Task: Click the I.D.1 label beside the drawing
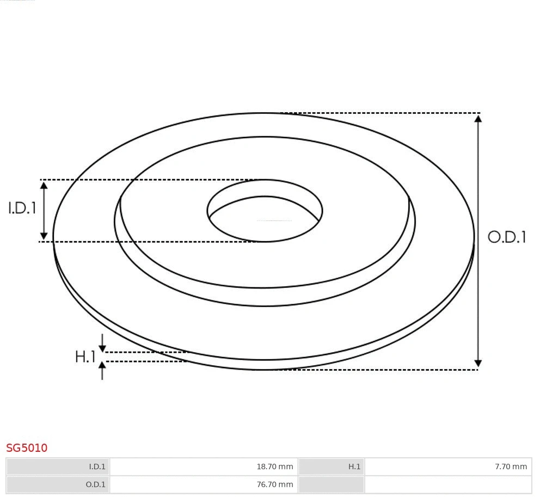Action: tap(22, 208)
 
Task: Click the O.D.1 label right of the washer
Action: tap(507, 237)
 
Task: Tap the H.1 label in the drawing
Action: tap(85, 357)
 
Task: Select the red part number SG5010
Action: tap(27, 448)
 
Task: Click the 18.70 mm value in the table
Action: tap(274, 467)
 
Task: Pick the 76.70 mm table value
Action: tap(274, 484)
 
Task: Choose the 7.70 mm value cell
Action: tap(510, 467)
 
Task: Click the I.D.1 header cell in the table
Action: tap(58, 467)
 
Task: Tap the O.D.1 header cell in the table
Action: tap(58, 484)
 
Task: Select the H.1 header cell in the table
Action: tap(331, 467)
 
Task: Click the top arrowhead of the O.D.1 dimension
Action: tap(478, 119)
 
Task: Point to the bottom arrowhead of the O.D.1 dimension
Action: tap(478, 363)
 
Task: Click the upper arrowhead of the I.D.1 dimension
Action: tap(44, 186)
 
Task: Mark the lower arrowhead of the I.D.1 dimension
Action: tap(44, 236)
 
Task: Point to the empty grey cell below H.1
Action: tap(331, 484)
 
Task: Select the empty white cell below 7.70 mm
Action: tap(447, 484)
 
